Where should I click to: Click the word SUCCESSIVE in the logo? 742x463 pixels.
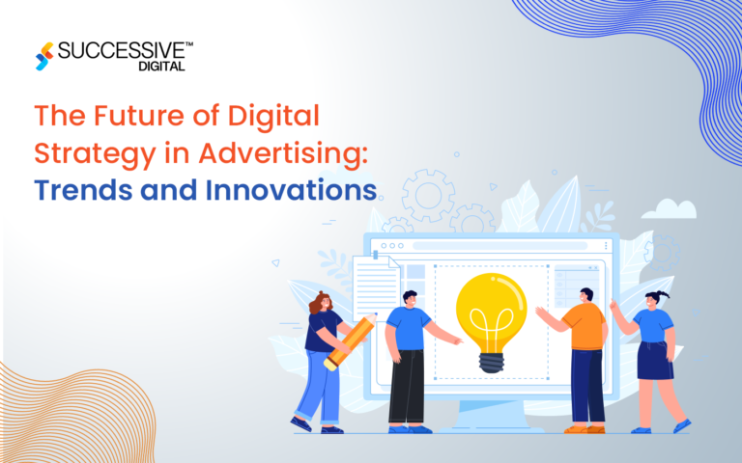[120, 49]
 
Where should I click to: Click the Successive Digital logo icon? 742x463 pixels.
[43, 56]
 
